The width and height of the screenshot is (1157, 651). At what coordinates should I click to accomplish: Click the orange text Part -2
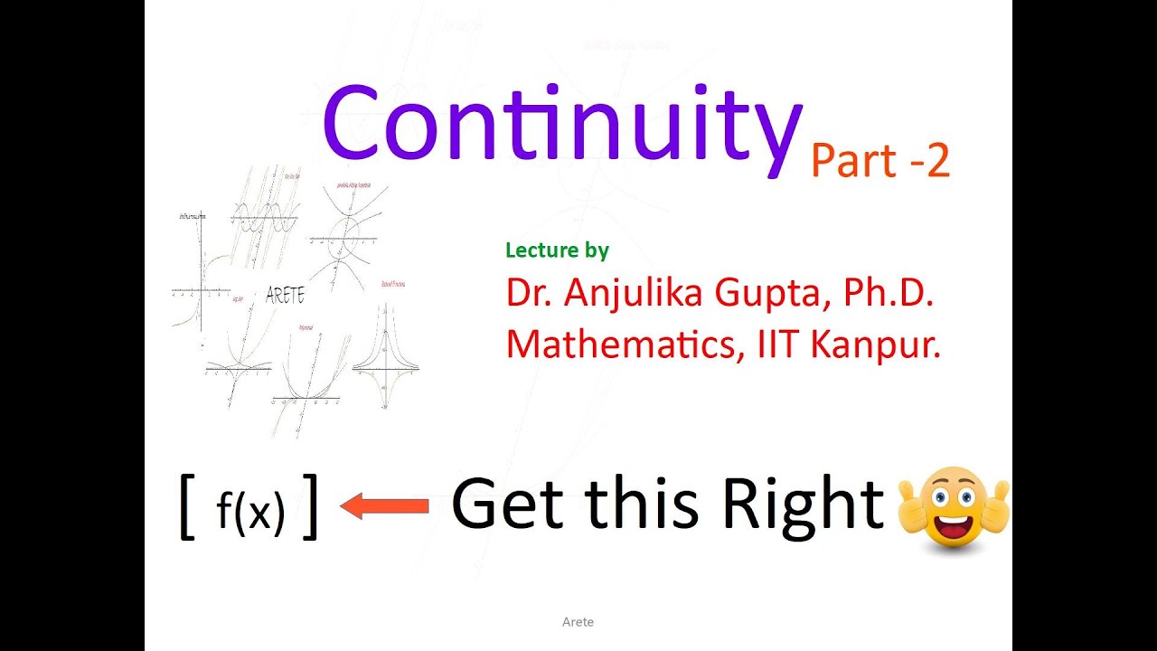click(x=880, y=161)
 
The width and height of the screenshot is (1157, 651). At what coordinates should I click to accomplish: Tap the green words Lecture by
click(x=557, y=250)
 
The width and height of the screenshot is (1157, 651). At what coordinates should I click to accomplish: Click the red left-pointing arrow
click(x=384, y=506)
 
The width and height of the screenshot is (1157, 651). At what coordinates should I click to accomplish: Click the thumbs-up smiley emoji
click(x=954, y=506)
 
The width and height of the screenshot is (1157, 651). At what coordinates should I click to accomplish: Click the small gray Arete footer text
click(x=578, y=622)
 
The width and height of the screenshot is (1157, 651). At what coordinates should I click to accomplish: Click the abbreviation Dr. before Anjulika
click(x=529, y=294)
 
